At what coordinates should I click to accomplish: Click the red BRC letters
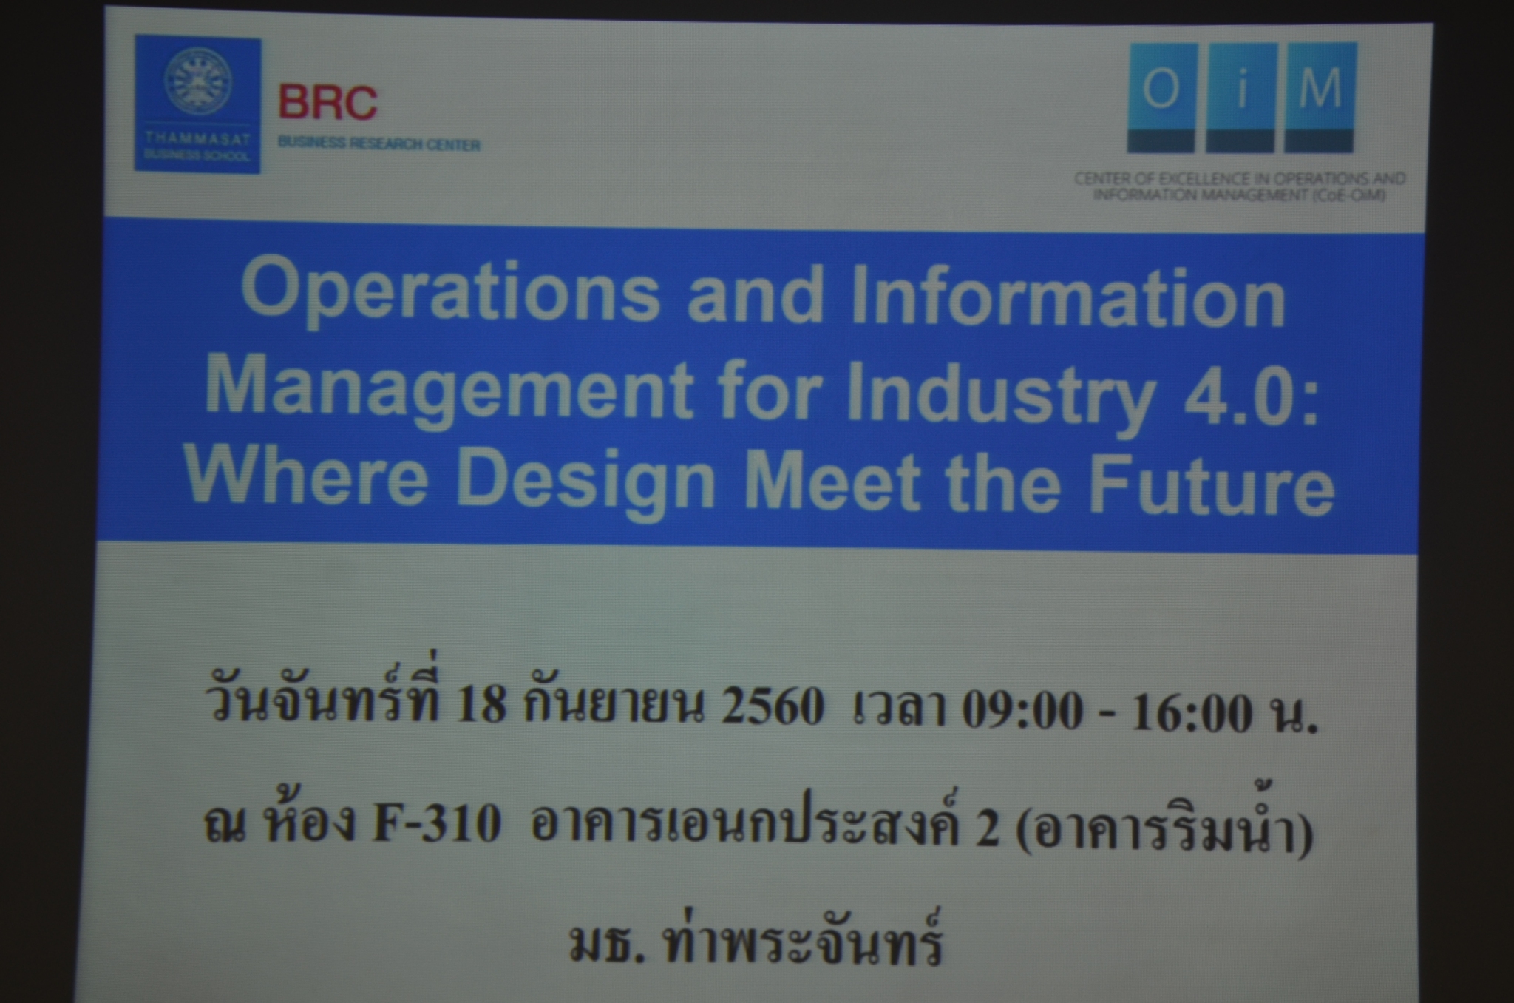[327, 103]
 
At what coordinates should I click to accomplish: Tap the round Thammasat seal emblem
[197, 81]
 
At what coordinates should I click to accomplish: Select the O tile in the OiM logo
[1161, 98]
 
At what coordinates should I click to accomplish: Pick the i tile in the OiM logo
[1241, 98]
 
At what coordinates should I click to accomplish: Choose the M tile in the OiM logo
[1321, 98]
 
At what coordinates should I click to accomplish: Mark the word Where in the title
[306, 474]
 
